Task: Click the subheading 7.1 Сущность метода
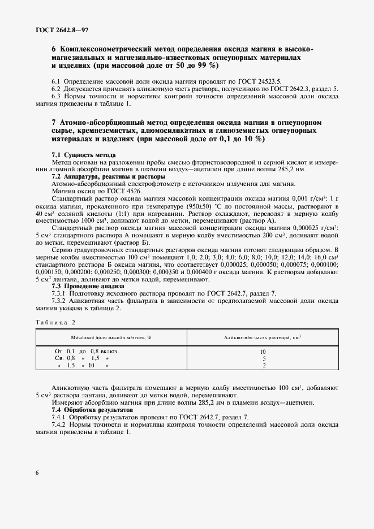click(84, 155)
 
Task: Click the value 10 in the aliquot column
click(263, 351)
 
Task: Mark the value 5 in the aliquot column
click(263, 358)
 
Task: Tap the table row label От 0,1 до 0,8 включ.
click(87, 351)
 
